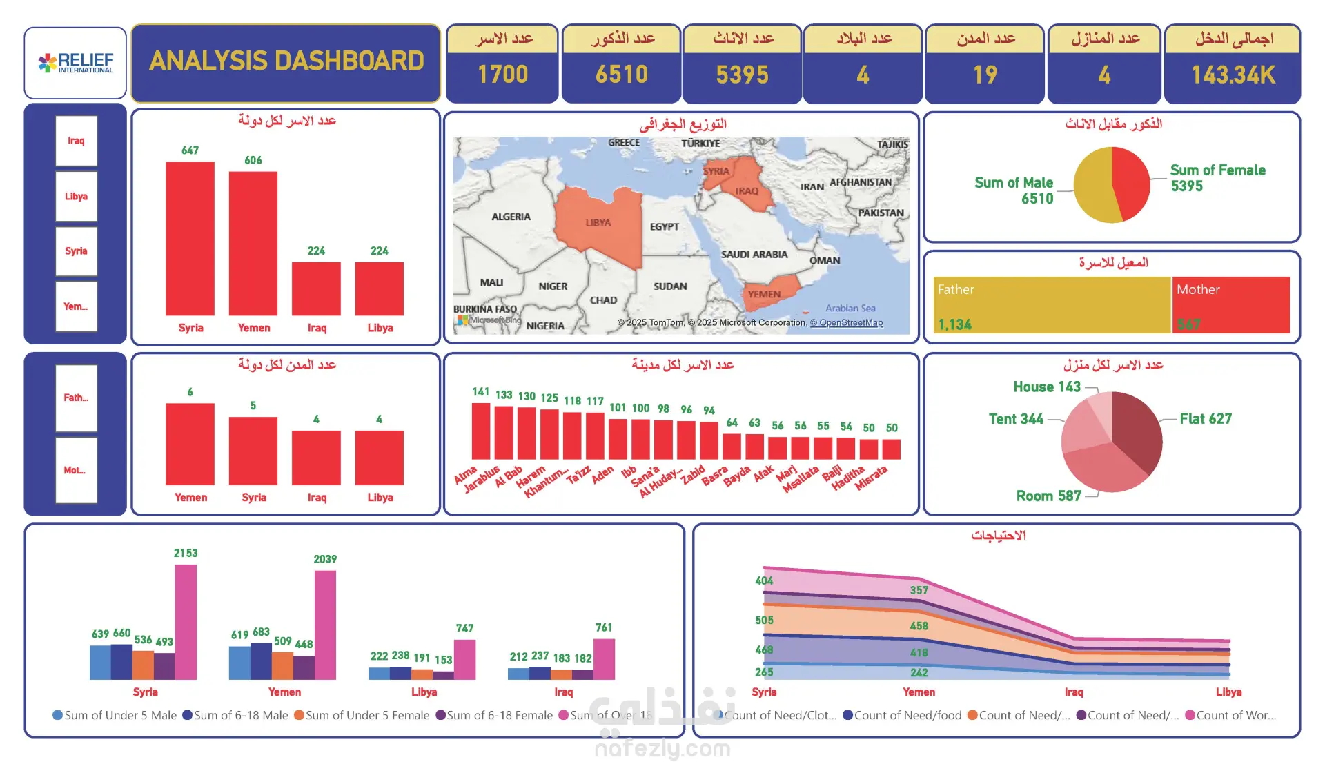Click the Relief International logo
click(75, 63)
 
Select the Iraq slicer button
click(76, 141)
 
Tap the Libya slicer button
click(76, 196)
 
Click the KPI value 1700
click(502, 75)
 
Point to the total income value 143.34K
click(1233, 75)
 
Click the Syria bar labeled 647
click(190, 238)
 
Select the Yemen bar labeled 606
click(253, 243)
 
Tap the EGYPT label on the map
click(664, 226)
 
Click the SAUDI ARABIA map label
click(754, 255)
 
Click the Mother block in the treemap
click(1230, 304)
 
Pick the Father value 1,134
click(954, 324)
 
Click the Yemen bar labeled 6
click(190, 444)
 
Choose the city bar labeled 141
click(481, 431)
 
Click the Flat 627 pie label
click(1205, 419)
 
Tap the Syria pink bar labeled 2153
click(186, 621)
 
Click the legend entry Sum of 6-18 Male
click(235, 715)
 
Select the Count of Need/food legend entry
click(902, 715)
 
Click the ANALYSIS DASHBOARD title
click(286, 61)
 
